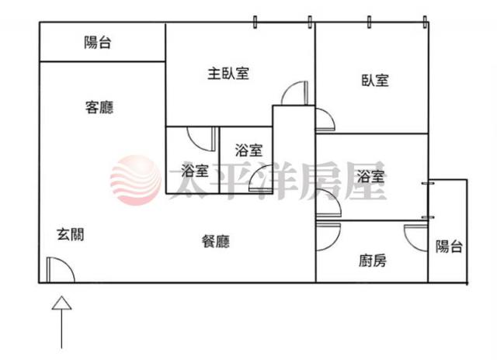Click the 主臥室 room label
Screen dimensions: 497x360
pos(228,74)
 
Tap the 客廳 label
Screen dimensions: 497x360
pos(99,107)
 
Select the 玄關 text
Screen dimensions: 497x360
pos(71,234)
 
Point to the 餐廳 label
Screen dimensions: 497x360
pos(216,241)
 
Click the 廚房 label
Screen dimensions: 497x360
pos(373,261)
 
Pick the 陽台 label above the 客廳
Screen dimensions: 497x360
pos(98,43)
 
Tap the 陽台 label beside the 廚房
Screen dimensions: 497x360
pos(449,246)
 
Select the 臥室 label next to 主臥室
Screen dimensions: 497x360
pos(375,80)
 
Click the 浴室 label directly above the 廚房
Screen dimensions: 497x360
pos(370,176)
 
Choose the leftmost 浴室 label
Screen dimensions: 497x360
pos(195,171)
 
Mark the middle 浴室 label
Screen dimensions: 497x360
pos(248,150)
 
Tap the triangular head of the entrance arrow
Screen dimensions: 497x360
pos(62,303)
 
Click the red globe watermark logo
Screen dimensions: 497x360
pos(136,180)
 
